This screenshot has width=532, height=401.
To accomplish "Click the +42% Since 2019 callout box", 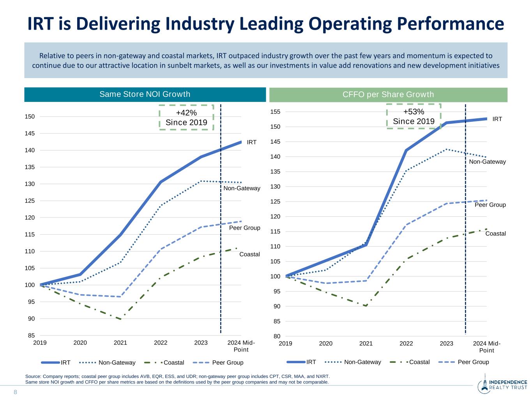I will (186, 117).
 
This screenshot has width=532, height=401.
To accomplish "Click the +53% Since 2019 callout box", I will (414, 116).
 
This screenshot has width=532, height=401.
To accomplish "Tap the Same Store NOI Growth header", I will (145, 94).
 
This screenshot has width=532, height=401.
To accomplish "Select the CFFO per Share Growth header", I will (388, 94).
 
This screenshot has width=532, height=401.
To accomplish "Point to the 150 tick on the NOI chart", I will (31, 116).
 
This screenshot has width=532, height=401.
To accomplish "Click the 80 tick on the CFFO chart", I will (276, 336).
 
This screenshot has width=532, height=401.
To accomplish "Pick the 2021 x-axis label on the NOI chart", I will (120, 343).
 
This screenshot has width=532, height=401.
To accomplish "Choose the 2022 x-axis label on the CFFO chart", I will (406, 344).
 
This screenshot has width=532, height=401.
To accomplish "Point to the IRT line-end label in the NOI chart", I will (252, 142).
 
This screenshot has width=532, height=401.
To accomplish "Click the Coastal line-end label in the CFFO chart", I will (495, 233).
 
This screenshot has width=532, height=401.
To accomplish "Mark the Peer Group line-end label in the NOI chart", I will (244, 228).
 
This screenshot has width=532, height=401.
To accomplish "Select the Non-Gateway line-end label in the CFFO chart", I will (487, 162).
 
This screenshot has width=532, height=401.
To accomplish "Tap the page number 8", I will (16, 392).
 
